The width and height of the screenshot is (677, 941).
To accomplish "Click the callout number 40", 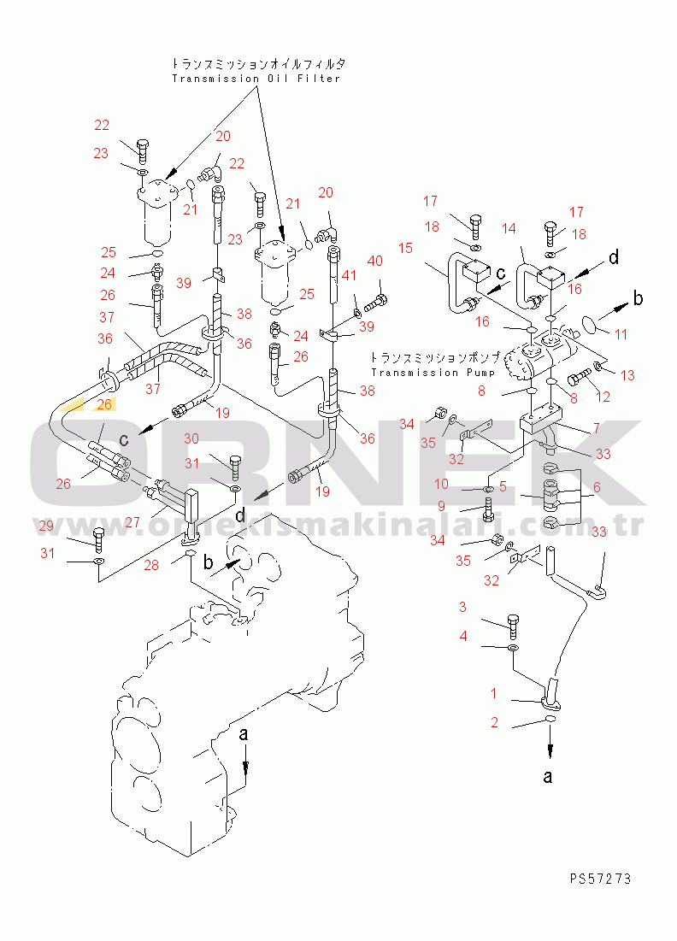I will pyautogui.click(x=375, y=261).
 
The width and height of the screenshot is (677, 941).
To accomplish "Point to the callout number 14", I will pyautogui.click(x=509, y=229).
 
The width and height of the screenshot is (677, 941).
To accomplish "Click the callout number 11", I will pyautogui.click(x=621, y=335).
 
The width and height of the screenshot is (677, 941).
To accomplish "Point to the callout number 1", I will pyautogui.click(x=493, y=692).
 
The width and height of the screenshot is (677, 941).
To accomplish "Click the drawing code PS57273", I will pyautogui.click(x=603, y=878).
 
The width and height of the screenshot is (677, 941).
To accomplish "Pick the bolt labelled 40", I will pyautogui.click(x=377, y=302).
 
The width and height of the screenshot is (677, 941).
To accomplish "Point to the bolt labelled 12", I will pyautogui.click(x=579, y=375).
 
